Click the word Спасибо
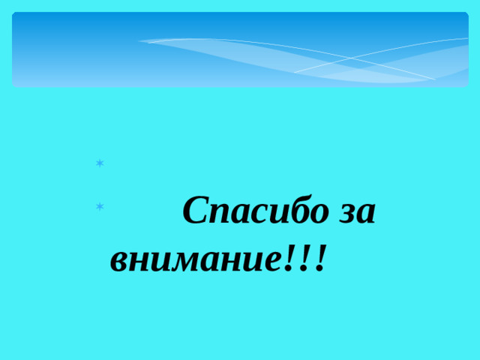coord(256,212)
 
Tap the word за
coord(357,214)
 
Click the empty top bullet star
coord(99,163)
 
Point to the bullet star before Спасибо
coord(99,205)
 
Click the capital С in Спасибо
coord(196,211)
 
